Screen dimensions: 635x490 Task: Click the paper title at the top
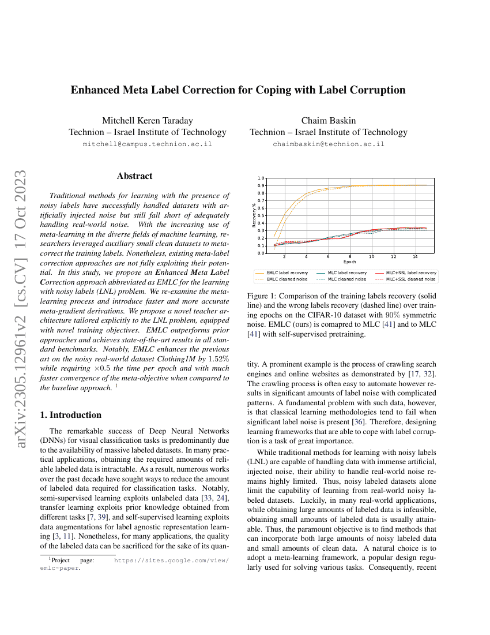pos(238,90)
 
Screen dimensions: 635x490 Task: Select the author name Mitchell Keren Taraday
pos(148,121)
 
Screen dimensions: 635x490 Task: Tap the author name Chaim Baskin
pos(329,121)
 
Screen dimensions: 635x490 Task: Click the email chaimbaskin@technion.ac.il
pos(329,144)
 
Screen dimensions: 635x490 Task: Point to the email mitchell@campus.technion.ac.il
pos(148,144)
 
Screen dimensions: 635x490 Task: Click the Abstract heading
pos(134,176)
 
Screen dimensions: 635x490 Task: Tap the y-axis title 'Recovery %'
pos(254,215)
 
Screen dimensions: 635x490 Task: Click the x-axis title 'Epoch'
pos(349,262)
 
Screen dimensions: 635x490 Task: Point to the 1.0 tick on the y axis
pos(261,178)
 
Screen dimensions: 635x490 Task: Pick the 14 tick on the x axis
pos(415,257)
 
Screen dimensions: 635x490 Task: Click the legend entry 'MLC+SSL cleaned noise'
pos(410,279)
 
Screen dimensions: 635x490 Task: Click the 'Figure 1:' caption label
pos(263,296)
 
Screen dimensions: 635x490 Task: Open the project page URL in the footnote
pos(171,561)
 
